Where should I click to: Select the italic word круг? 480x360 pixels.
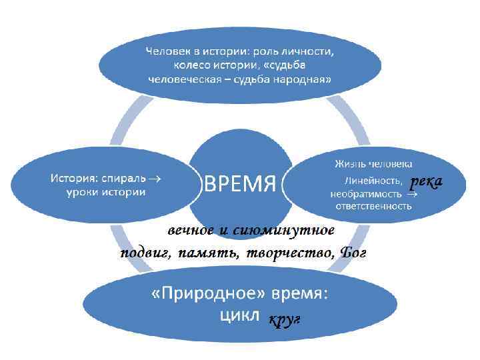tap(285, 321)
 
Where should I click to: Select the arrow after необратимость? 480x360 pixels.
tap(411, 195)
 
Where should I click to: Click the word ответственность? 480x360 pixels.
tap(373, 206)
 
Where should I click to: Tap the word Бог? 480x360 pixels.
tap(353, 253)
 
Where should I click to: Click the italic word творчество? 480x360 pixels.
tap(289, 253)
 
